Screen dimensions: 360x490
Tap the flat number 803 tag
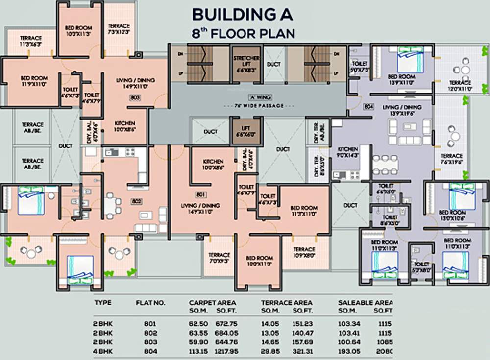pyautogui.click(x=136, y=97)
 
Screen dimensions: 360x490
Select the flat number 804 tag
pyautogui.click(x=368, y=106)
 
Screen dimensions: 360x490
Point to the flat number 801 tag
pyautogui.click(x=199, y=195)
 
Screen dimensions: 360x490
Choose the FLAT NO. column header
pyautogui.click(x=150, y=303)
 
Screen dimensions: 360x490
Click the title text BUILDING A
pyautogui.click(x=242, y=14)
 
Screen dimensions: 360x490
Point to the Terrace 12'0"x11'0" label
pyautogui.click(x=460, y=86)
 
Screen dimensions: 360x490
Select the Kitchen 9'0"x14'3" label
pyautogui.click(x=347, y=152)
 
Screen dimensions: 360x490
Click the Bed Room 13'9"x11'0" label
pyautogui.click(x=401, y=80)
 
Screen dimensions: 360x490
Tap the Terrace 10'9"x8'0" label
pyautogui.click(x=304, y=252)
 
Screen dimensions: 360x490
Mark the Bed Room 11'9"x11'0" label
pyautogui.click(x=34, y=81)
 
